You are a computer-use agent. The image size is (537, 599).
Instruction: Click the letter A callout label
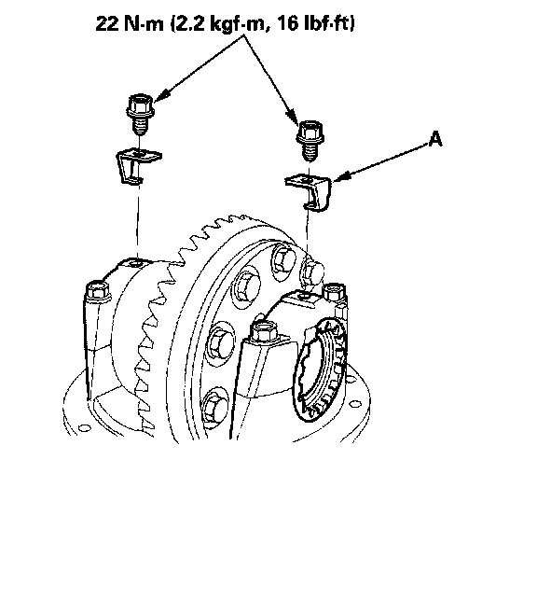(x=435, y=139)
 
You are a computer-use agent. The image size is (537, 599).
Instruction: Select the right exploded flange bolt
(x=310, y=140)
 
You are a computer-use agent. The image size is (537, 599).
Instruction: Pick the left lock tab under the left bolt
(x=137, y=165)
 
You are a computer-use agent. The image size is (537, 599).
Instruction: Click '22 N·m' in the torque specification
(x=130, y=24)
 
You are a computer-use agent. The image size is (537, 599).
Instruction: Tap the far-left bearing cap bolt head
(x=98, y=290)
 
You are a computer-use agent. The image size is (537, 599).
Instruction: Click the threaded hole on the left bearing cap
(x=134, y=264)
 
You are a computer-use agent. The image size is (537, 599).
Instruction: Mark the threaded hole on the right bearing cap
(x=304, y=296)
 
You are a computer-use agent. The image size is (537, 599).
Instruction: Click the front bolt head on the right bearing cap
(x=265, y=331)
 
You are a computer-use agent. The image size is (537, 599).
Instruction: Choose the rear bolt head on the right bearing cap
(x=335, y=292)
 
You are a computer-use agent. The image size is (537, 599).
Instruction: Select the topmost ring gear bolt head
(x=283, y=258)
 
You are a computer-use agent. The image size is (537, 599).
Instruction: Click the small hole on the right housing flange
(x=354, y=403)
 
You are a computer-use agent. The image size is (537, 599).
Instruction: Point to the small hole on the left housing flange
(x=84, y=427)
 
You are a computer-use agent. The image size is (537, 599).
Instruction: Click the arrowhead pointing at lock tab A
(x=340, y=177)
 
